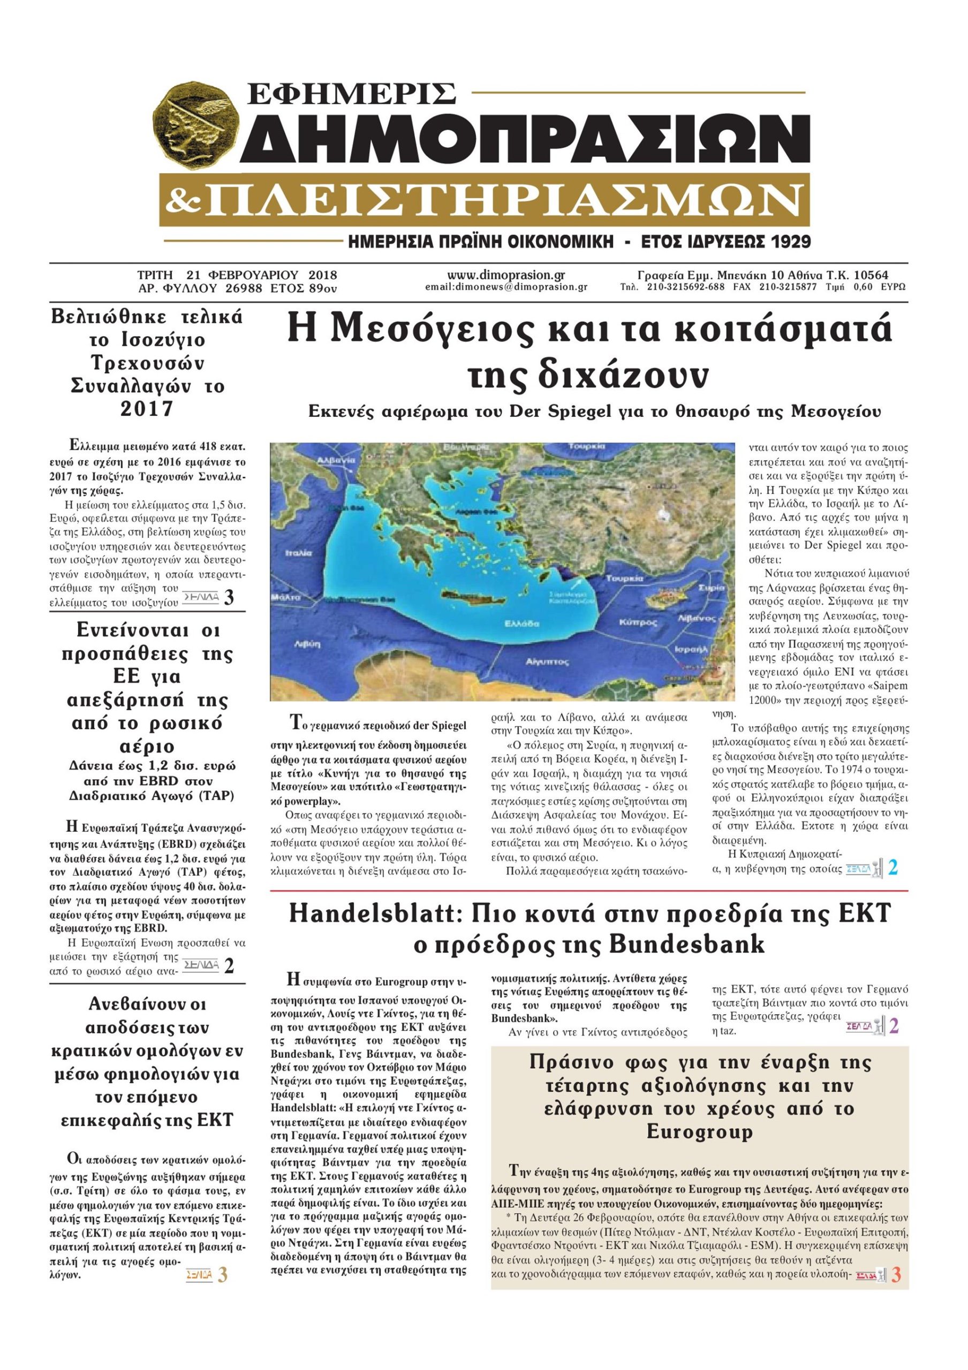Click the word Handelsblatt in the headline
click(374, 914)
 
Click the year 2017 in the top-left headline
click(147, 409)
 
